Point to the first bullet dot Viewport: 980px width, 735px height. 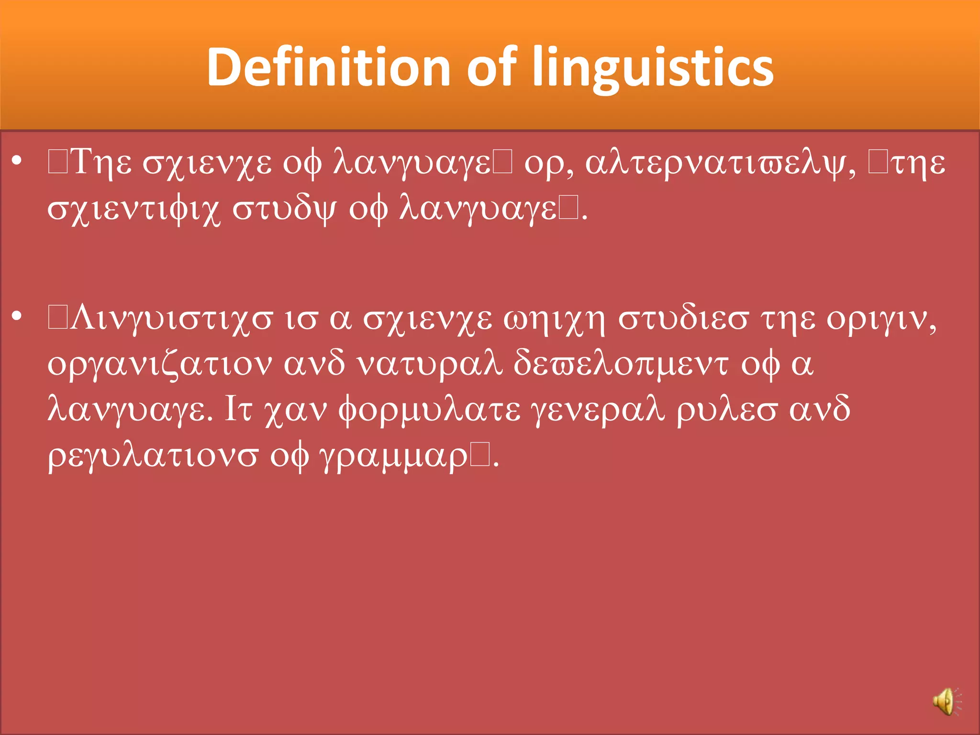click(17, 162)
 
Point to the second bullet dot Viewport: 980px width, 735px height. click(17, 317)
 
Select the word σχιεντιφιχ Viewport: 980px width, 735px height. click(134, 210)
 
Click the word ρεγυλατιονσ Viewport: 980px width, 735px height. click(153, 456)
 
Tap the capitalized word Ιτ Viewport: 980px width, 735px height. click(238, 409)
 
